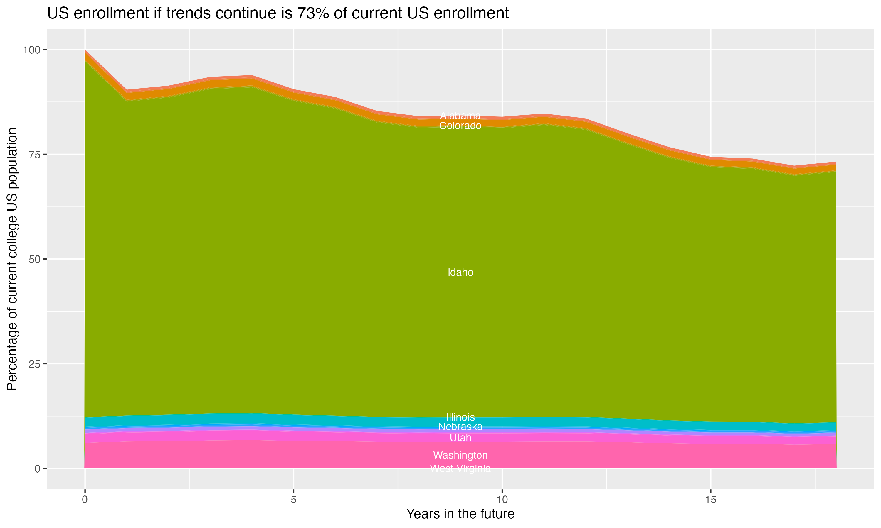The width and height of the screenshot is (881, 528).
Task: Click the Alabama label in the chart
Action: (x=460, y=116)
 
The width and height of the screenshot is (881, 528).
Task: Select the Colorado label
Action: (x=460, y=126)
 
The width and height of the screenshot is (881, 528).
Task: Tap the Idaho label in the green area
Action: (x=460, y=272)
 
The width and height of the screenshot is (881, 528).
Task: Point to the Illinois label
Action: (x=460, y=417)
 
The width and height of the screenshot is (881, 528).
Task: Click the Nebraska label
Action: (x=460, y=426)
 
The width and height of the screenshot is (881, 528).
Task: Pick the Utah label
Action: (x=460, y=438)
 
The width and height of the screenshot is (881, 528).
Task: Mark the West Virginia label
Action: (x=460, y=468)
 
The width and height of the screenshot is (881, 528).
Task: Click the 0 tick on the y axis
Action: (x=37, y=468)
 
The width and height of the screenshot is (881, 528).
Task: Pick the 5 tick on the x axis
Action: (x=293, y=500)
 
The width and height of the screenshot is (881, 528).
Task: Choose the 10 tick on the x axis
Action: (x=502, y=500)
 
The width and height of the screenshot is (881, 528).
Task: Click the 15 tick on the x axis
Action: (x=710, y=500)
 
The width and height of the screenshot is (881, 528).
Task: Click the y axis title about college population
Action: (x=12, y=259)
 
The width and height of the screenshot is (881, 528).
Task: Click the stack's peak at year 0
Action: (x=85, y=50)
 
